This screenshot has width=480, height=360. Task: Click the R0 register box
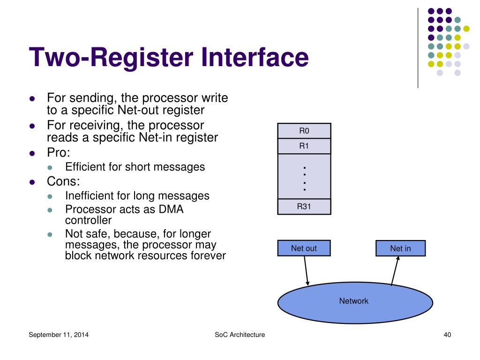[x=304, y=131]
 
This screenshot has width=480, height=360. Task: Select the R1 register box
[x=304, y=146]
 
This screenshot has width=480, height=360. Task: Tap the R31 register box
[x=304, y=207]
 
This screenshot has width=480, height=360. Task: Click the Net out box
[x=304, y=248]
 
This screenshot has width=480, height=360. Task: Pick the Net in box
[x=400, y=248]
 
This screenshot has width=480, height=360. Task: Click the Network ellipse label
[x=354, y=301]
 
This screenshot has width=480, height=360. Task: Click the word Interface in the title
[x=255, y=58]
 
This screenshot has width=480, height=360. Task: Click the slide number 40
[x=447, y=335]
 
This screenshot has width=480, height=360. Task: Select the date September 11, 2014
[x=59, y=335]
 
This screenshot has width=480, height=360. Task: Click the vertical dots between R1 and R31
[x=304, y=178]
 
